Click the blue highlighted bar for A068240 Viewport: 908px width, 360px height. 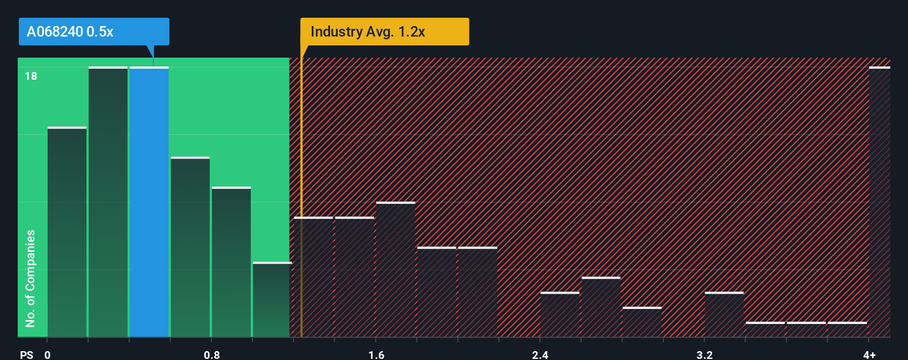(x=149, y=202)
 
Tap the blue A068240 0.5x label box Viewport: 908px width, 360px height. (x=94, y=32)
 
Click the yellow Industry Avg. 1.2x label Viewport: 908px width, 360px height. (x=384, y=32)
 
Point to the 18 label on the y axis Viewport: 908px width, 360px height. (x=31, y=76)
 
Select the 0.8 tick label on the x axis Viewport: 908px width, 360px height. (x=211, y=354)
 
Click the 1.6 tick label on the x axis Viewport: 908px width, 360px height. (x=376, y=354)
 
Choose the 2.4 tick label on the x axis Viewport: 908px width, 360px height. (x=540, y=354)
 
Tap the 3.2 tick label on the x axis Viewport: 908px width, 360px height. (x=704, y=354)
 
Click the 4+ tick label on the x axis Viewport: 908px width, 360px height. (x=869, y=354)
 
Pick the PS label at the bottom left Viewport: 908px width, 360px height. (x=27, y=354)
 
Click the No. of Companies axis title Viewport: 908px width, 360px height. (x=30, y=278)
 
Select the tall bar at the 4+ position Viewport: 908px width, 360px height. (x=879, y=202)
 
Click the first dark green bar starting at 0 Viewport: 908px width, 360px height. (x=67, y=233)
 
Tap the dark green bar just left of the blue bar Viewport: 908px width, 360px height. (x=108, y=202)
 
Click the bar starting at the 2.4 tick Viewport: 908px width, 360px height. (x=560, y=315)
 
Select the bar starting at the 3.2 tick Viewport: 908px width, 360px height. (x=724, y=315)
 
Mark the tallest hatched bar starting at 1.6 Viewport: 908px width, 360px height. (x=395, y=270)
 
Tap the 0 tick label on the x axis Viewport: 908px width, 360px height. (x=48, y=354)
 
